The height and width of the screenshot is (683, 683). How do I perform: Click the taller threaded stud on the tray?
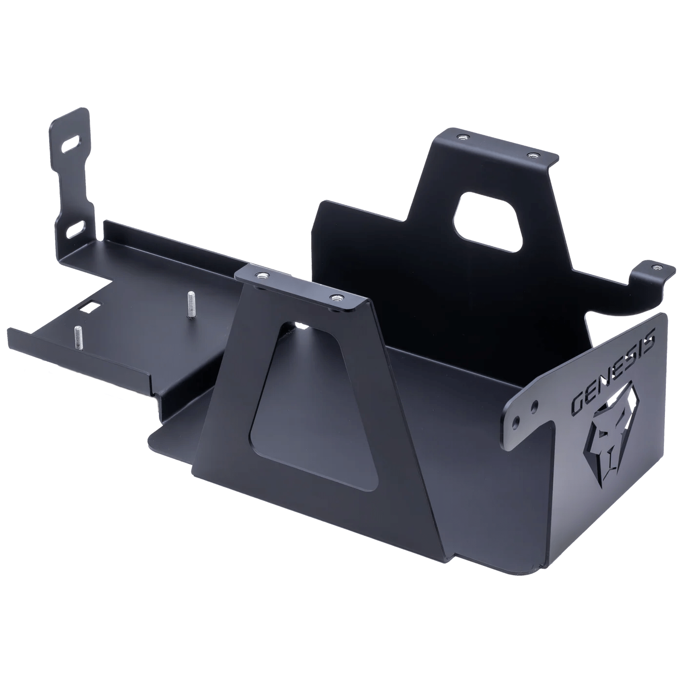click(x=190, y=304)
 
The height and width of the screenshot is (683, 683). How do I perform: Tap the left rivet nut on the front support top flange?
click(x=263, y=276)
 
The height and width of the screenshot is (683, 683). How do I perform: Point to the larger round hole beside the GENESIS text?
click(x=536, y=405)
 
